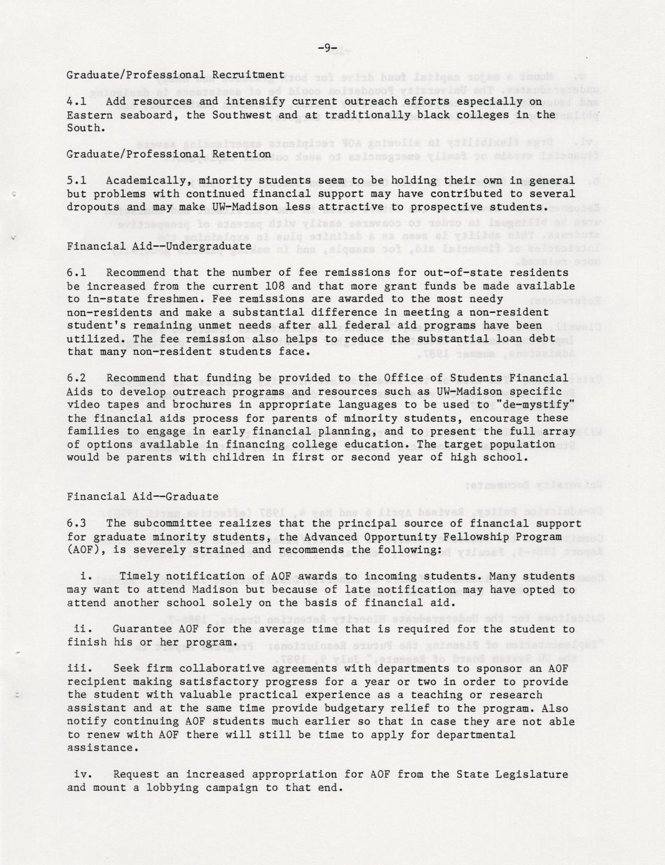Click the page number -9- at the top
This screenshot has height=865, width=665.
click(327, 48)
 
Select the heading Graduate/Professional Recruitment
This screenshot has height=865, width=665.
click(175, 75)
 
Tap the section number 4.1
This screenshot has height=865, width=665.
click(76, 102)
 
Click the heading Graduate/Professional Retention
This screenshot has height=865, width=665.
click(168, 154)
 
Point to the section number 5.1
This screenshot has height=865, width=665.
click(76, 181)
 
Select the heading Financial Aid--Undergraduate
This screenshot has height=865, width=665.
click(159, 246)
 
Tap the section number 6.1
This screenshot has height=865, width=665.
click(76, 273)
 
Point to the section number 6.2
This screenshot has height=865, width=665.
click(76, 378)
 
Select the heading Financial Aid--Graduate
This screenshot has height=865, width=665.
click(143, 497)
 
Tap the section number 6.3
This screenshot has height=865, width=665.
click(76, 523)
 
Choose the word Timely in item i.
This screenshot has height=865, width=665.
click(139, 576)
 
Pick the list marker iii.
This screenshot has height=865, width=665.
click(80, 669)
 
